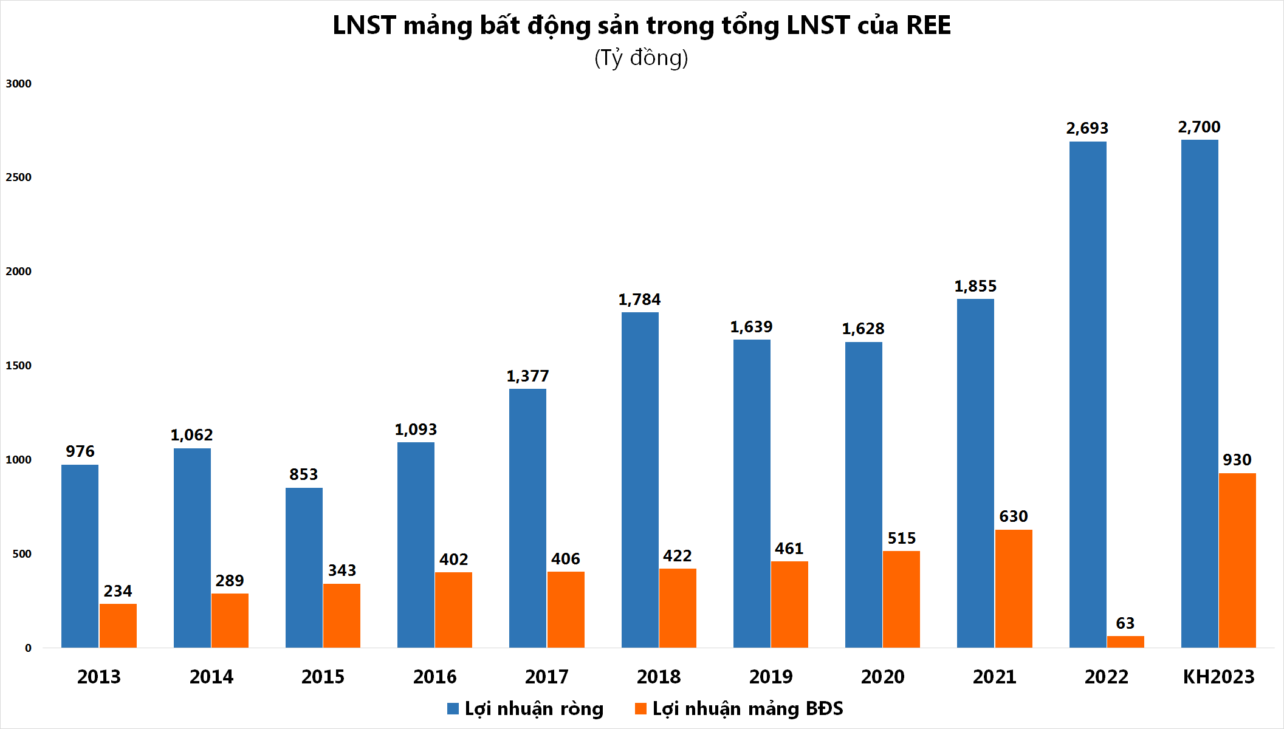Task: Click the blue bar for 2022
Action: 1088,395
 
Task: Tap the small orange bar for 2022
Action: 1125,642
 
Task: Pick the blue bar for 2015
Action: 304,567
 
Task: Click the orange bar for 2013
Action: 118,626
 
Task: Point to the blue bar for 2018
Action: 640,480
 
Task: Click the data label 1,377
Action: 527,376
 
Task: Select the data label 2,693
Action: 1087,128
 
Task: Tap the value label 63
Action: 1125,623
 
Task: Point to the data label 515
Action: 902,538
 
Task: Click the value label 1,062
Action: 191,435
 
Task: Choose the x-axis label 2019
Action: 771,677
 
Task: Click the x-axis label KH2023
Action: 1218,677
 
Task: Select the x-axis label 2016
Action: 434,677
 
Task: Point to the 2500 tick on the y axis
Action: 18,177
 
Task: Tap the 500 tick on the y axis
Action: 22,554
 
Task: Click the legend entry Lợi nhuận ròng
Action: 526,709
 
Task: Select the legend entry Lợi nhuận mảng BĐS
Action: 739,709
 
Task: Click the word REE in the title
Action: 928,26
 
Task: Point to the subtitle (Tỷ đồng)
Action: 641,58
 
